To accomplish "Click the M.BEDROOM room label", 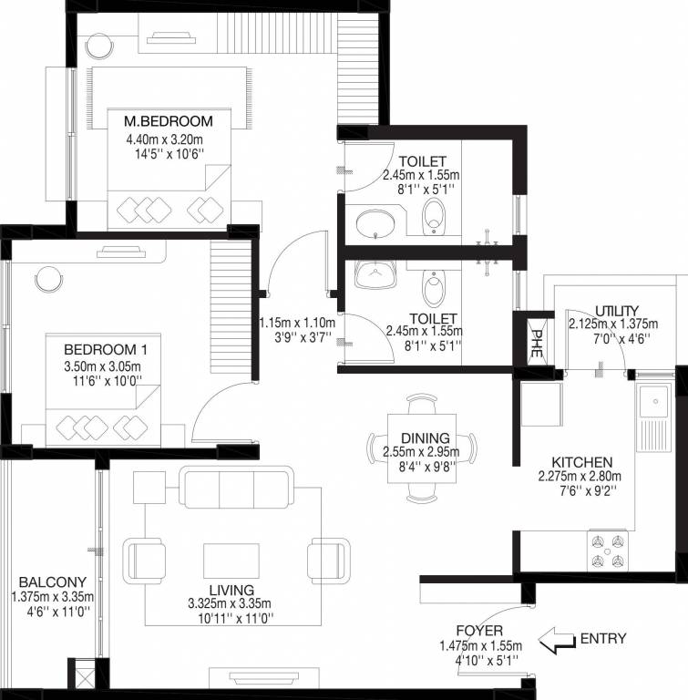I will [x=169, y=121].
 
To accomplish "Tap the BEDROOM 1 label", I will [x=99, y=348].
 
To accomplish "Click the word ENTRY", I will [x=602, y=639].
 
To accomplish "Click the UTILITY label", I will [x=616, y=310].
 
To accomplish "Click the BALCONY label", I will [x=52, y=582].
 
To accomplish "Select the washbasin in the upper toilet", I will [x=375, y=221].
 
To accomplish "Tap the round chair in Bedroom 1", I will [x=46, y=278].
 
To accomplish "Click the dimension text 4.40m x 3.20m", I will [x=169, y=139].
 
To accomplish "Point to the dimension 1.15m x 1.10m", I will [x=297, y=323].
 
